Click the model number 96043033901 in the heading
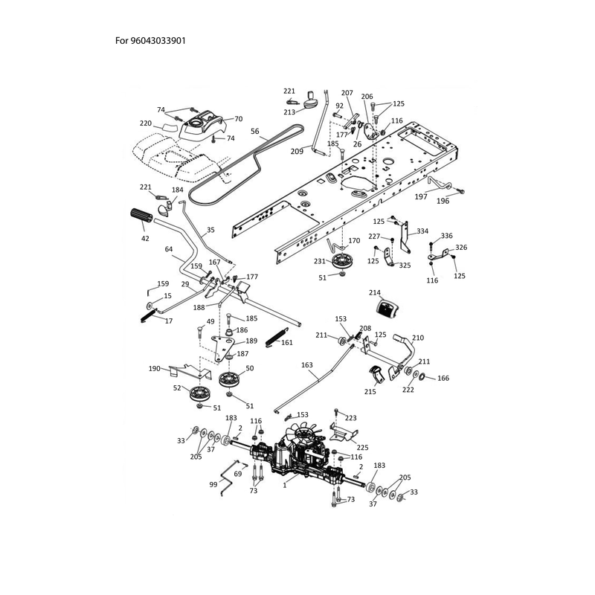pyautogui.click(x=158, y=41)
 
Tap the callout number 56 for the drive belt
pyautogui.click(x=255, y=132)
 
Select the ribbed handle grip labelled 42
pyautogui.click(x=141, y=216)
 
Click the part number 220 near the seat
pyautogui.click(x=146, y=123)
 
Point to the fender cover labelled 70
pyautogui.click(x=201, y=125)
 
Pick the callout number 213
pyautogui.click(x=289, y=112)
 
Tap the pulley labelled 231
pyautogui.click(x=342, y=262)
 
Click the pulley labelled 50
pyautogui.click(x=231, y=379)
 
